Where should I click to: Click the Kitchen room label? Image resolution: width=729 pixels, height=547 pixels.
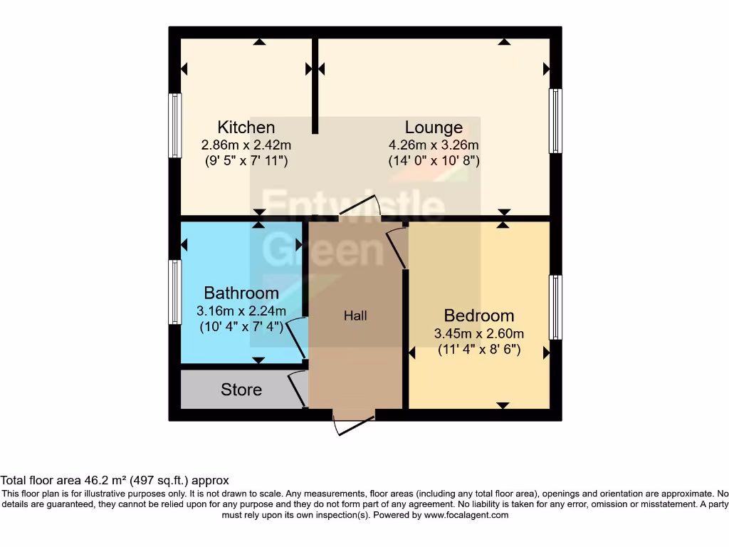[246, 127]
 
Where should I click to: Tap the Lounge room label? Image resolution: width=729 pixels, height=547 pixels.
[434, 127]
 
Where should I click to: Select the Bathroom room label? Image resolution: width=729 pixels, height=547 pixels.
[241, 293]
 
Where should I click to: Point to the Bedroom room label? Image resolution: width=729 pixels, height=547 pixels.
[478, 316]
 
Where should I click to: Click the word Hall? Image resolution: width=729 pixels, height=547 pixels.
[355, 316]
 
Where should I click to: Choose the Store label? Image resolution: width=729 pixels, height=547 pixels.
[241, 390]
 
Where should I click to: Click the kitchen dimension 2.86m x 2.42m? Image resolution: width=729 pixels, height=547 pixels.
[246, 145]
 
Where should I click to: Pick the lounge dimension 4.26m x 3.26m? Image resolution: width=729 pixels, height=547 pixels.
[434, 145]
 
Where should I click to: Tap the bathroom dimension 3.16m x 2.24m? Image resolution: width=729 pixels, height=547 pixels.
[241, 311]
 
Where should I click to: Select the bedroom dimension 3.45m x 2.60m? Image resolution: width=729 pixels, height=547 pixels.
[478, 333]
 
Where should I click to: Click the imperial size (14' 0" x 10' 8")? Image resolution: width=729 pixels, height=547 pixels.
[434, 161]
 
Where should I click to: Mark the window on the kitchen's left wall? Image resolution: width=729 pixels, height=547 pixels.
[174, 125]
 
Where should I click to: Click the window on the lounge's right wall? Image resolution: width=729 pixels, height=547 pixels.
[555, 121]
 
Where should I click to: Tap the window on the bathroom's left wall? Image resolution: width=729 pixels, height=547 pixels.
[174, 292]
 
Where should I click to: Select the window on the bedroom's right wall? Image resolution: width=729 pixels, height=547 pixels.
[555, 307]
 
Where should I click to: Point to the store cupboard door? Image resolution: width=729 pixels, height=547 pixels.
[297, 389]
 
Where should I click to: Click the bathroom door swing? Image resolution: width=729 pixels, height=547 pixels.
[300, 339]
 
